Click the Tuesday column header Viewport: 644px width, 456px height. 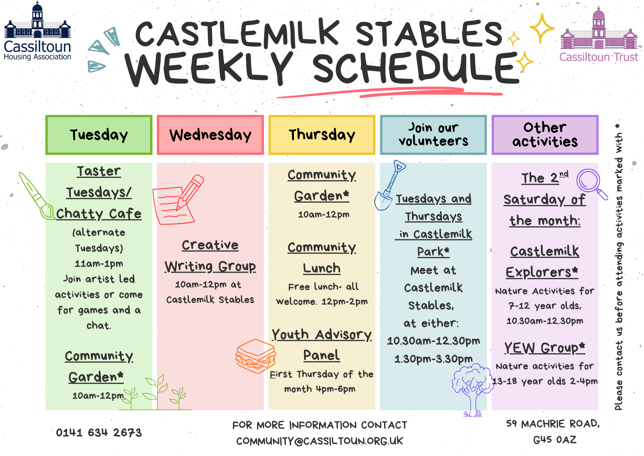click(99, 135)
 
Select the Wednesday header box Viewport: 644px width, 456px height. click(210, 135)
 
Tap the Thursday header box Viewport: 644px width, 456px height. click(322, 135)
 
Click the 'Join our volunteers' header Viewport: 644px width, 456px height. click(433, 135)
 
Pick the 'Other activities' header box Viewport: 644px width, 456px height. click(545, 135)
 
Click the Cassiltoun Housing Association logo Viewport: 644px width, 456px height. click(37, 32)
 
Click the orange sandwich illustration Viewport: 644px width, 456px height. click(256, 356)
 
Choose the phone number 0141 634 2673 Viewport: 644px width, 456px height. click(99, 432)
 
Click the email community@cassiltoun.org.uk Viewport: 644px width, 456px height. click(319, 441)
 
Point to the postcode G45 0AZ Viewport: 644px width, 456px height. click(554, 440)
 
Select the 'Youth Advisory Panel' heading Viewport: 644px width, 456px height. click(322, 344)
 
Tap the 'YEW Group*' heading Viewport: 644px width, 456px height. click(545, 348)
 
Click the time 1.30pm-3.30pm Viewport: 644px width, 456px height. click(433, 359)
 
